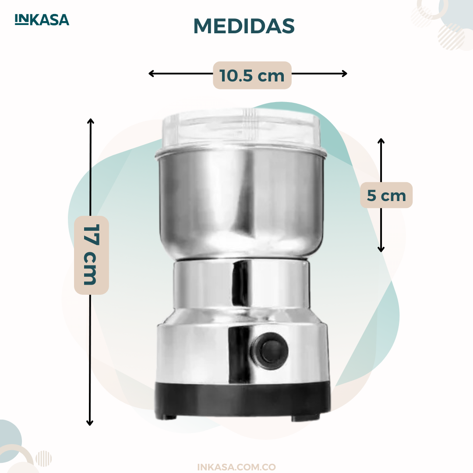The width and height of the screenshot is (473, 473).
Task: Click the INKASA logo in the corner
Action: click(x=42, y=20)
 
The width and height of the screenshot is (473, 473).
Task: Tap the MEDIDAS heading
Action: click(x=244, y=26)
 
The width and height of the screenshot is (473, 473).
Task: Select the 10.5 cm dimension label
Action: click(x=252, y=75)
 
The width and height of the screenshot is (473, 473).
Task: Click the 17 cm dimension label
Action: click(x=92, y=255)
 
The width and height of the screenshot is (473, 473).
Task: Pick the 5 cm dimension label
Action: click(x=386, y=195)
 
